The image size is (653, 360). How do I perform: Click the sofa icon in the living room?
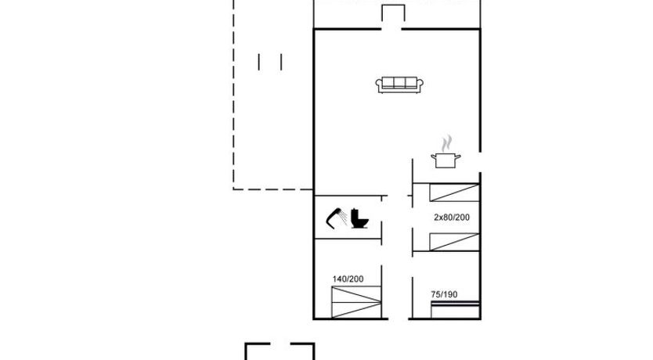[x=399, y=85]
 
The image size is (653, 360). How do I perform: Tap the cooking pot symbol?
[x=446, y=160]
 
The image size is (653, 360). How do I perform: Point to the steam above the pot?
[x=446, y=143]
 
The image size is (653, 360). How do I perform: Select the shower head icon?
[x=337, y=218]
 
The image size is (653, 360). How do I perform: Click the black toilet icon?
[x=359, y=218]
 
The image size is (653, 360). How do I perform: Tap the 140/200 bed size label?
[x=348, y=279]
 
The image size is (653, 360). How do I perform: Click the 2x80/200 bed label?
[x=452, y=218]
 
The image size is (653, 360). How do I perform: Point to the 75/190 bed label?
[x=444, y=295]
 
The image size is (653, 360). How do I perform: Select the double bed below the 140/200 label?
[x=356, y=302]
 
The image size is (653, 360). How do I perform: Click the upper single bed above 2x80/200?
[x=454, y=193]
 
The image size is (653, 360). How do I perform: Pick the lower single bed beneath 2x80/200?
[x=454, y=242]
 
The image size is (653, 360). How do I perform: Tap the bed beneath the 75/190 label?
[x=455, y=310]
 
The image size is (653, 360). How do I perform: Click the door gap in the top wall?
[x=391, y=29]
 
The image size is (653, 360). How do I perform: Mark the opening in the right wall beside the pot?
[x=480, y=162]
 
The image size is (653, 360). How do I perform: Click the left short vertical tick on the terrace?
[x=259, y=62]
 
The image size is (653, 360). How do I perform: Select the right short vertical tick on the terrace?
[x=282, y=62]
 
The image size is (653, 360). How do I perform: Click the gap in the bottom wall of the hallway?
[x=398, y=319]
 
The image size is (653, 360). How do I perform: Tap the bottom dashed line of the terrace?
[x=272, y=189]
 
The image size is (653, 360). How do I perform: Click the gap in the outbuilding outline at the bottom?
[x=280, y=344]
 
